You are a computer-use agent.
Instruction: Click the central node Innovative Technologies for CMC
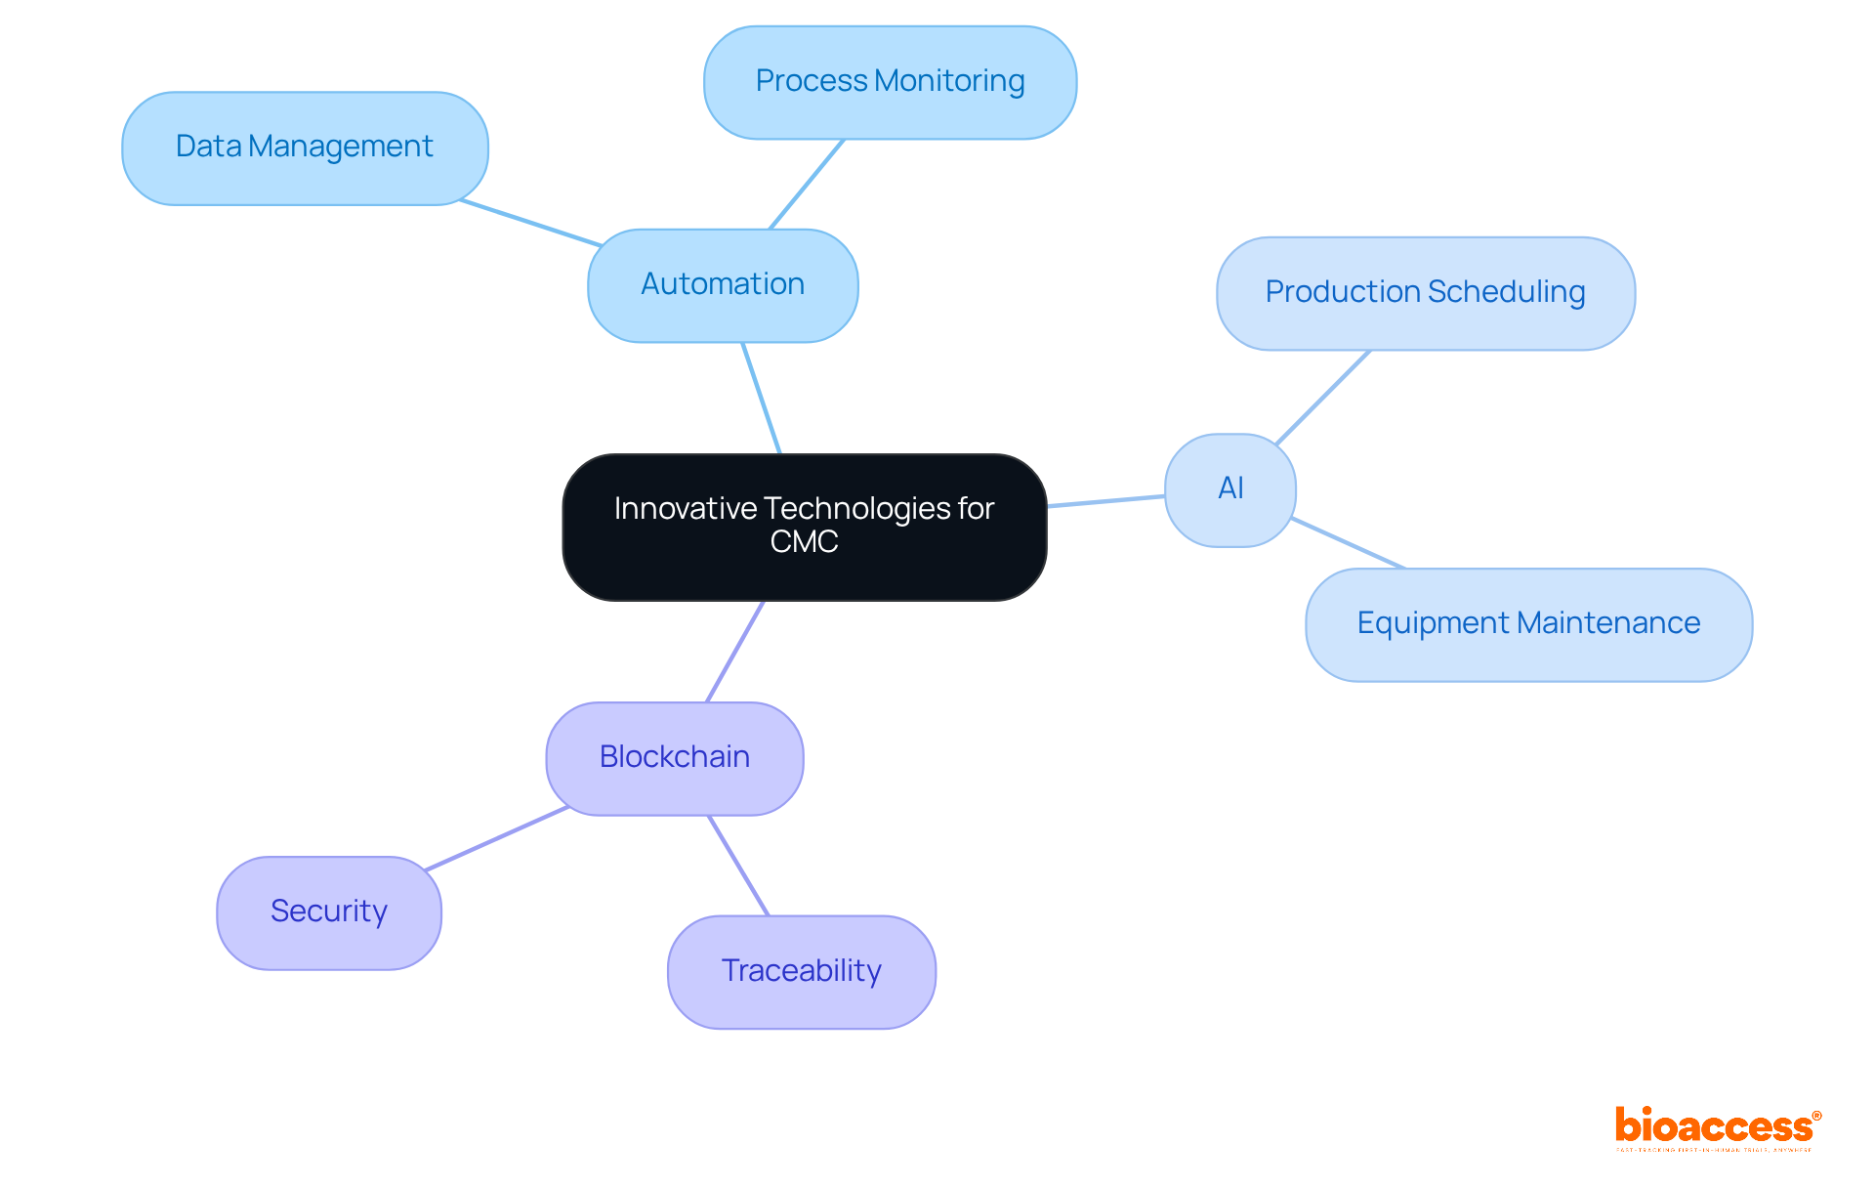(x=804, y=527)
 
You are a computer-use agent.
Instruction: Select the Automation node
(x=723, y=285)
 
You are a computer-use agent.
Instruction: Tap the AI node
(x=1230, y=489)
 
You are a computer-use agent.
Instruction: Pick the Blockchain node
(x=675, y=758)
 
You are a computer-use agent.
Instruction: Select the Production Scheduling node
(x=1425, y=293)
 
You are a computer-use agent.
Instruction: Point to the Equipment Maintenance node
(x=1528, y=624)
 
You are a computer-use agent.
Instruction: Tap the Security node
(x=329, y=912)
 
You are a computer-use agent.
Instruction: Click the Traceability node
(x=801, y=971)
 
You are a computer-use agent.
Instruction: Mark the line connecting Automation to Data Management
(x=531, y=223)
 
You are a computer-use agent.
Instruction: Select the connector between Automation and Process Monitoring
(x=807, y=185)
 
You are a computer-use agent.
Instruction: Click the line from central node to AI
(x=1105, y=501)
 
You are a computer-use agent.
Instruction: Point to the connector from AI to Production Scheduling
(x=1323, y=398)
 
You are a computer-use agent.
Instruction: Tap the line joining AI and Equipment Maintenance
(x=1348, y=543)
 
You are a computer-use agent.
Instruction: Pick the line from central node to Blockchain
(x=734, y=652)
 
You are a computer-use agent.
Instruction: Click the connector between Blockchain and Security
(x=497, y=838)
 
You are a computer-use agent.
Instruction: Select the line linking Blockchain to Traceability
(x=738, y=866)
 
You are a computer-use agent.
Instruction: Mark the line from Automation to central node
(x=762, y=399)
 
